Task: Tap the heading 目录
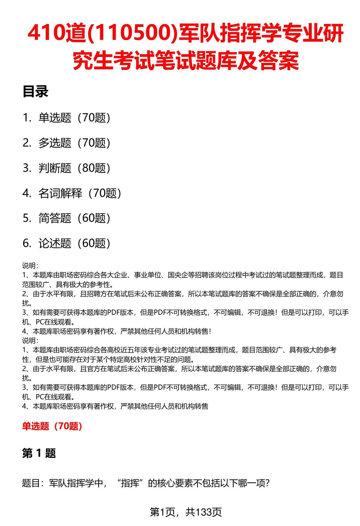click(35, 92)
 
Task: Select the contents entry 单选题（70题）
click(74, 118)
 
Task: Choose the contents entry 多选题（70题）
click(74, 143)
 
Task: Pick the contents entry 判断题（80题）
click(74, 168)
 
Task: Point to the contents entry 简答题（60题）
click(74, 218)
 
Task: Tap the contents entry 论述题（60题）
click(74, 243)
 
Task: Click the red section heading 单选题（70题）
click(52, 426)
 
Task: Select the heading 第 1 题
click(39, 453)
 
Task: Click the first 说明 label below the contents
click(29, 266)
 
